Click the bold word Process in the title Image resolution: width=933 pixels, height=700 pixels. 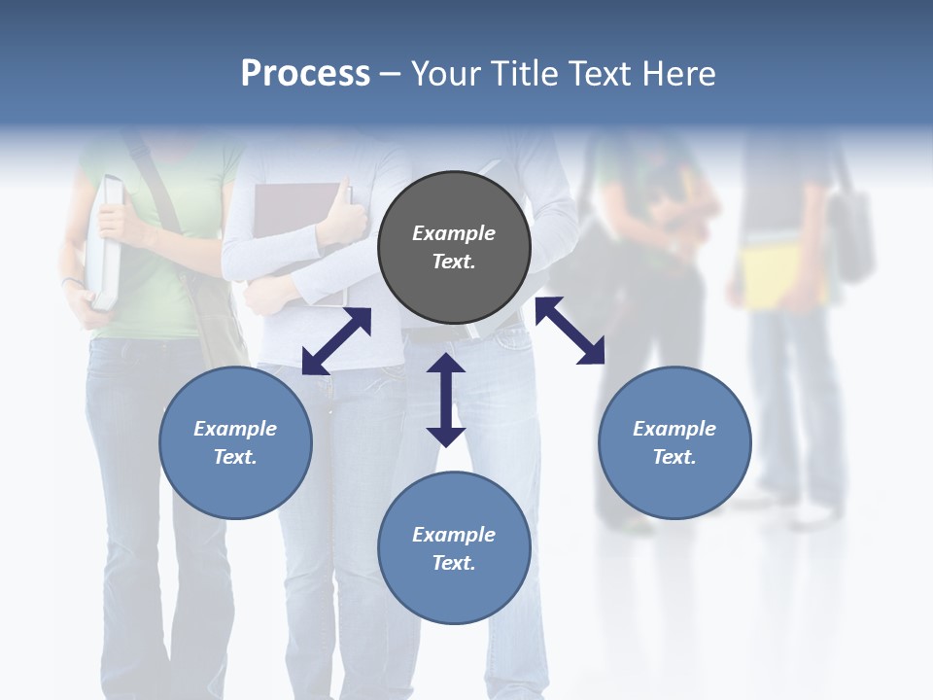[305, 74]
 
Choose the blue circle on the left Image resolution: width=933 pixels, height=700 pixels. [235, 476]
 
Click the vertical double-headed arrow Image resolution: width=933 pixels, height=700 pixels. [446, 400]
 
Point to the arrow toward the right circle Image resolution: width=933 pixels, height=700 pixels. [570, 331]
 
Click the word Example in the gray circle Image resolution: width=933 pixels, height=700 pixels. [454, 233]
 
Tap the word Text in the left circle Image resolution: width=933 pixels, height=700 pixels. [235, 457]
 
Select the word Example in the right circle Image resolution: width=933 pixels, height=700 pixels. [674, 429]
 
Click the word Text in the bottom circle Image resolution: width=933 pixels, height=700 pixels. [454, 563]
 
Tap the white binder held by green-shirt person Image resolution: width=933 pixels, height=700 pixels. [106, 243]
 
